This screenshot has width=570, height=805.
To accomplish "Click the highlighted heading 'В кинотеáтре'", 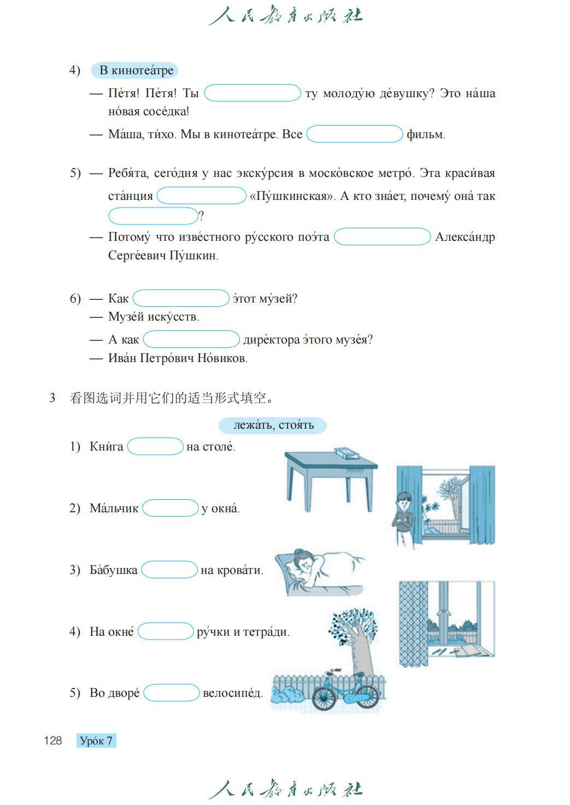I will pyautogui.click(x=136, y=70).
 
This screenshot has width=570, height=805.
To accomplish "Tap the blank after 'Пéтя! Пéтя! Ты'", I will pyautogui.click(x=252, y=93).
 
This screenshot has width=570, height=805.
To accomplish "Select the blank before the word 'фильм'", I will pyautogui.click(x=354, y=134).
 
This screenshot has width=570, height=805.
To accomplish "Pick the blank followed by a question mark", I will pyautogui.click(x=153, y=216).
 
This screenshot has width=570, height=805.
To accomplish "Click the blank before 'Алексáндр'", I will pyautogui.click(x=382, y=237).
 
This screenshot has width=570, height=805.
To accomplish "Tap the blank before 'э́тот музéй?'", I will pyautogui.click(x=181, y=299).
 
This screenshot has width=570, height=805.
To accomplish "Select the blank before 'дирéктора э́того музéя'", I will pyautogui.click(x=191, y=340).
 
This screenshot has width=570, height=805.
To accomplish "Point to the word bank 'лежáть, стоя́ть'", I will pyautogui.click(x=273, y=425).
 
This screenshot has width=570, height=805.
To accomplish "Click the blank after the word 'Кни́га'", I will pyautogui.click(x=155, y=447).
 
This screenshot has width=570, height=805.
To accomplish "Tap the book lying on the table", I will pyautogui.click(x=346, y=452).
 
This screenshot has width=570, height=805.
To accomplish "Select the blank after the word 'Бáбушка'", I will pyautogui.click(x=169, y=570).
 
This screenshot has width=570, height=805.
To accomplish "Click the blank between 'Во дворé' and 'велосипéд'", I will pyautogui.click(x=172, y=693).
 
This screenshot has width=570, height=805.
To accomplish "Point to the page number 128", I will pyautogui.click(x=53, y=741).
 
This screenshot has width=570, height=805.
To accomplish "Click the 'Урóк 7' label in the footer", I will pyautogui.click(x=96, y=741).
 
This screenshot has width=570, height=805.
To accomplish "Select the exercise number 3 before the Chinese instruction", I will pyautogui.click(x=52, y=398).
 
